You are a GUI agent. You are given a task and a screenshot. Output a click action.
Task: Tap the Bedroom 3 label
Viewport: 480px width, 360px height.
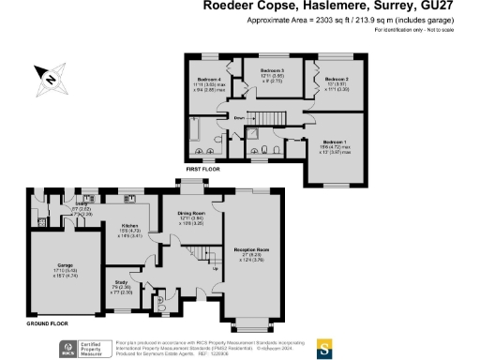point(272,70)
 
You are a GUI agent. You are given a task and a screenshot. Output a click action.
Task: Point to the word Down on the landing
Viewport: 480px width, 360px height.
point(240,119)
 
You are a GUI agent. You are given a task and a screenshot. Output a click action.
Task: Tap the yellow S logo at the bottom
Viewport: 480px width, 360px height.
point(323,348)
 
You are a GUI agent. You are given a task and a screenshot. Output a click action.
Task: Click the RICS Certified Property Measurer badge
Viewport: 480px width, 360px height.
point(80,348)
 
